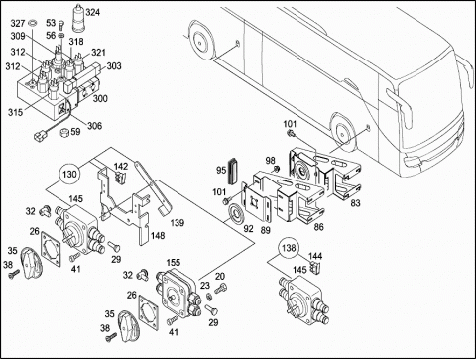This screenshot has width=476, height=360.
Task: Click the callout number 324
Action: pos(93,13)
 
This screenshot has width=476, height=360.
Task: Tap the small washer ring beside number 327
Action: pos(33,23)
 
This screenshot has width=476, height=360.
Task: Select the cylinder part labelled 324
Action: pos(78,18)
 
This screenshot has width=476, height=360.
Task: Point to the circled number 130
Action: pos(69,175)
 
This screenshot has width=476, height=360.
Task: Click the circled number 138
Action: pos(289,248)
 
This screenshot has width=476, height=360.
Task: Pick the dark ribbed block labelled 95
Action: pos(233,171)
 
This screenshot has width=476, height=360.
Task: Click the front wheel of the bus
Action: pos(342,131)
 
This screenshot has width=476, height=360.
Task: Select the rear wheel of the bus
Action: pos(199,40)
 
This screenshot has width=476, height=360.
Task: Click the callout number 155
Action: pos(174,263)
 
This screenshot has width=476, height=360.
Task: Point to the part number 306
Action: pos(95,126)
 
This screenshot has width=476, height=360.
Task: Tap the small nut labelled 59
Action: pos(64,132)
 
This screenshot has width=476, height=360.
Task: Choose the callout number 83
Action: pos(355,203)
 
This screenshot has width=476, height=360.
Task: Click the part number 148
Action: pos(158,236)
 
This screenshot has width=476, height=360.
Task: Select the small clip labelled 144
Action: pos(314,267)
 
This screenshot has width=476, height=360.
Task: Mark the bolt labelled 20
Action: pos(220,289)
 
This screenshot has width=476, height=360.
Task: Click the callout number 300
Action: pos(100,98)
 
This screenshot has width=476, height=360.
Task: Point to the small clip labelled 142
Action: pos(121,177)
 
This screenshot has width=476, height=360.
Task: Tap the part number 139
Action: pos(178,223)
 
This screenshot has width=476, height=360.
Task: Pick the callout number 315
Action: pos(16,112)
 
